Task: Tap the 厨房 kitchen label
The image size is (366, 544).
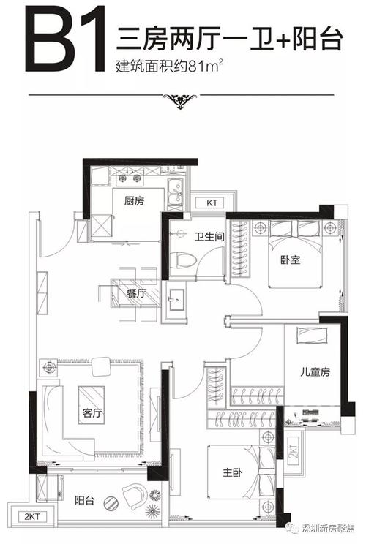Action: (x=134, y=201)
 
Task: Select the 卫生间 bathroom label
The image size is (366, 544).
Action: (x=209, y=237)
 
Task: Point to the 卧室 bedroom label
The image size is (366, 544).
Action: (x=291, y=260)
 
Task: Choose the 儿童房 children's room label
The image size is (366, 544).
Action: (x=315, y=372)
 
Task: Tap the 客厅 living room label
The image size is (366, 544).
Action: (x=92, y=413)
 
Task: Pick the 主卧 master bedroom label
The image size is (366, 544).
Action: (x=232, y=472)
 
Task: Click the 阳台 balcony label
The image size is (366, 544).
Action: (x=85, y=500)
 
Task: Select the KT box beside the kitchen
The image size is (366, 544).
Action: (x=212, y=203)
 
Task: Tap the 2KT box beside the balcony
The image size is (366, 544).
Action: (x=31, y=517)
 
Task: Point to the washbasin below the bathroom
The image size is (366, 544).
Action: (x=176, y=299)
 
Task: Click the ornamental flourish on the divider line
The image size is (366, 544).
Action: (x=181, y=100)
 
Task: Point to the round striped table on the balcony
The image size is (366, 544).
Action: (x=111, y=502)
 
